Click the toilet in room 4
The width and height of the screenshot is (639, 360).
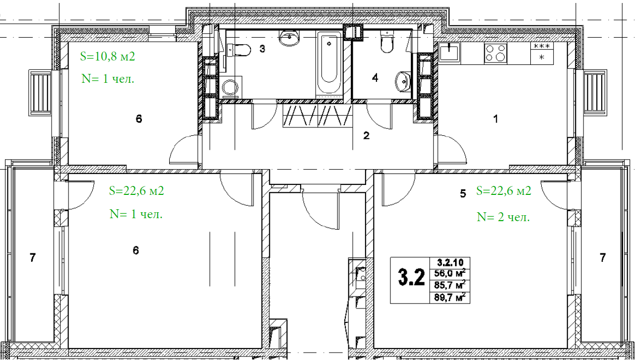387,42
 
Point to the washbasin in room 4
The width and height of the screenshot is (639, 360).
402,81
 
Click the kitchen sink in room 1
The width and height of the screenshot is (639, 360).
449,53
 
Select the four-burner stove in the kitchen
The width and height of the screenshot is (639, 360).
496,53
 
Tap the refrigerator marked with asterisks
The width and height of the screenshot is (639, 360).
542,53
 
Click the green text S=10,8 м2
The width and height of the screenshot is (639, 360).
108,57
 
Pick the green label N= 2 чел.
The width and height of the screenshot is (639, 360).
503,217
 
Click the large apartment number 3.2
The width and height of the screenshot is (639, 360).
411,277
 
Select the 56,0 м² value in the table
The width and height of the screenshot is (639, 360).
449,273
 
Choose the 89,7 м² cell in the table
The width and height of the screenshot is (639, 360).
449,298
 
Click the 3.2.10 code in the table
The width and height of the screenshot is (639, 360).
450,262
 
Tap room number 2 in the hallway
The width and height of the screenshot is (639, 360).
367,136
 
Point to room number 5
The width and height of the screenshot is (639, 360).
463,194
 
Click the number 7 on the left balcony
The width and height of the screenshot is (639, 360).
33,258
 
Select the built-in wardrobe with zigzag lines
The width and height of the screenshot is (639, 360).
318,116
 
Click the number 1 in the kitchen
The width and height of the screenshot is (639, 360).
496,119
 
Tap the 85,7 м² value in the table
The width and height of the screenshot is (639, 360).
449,285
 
